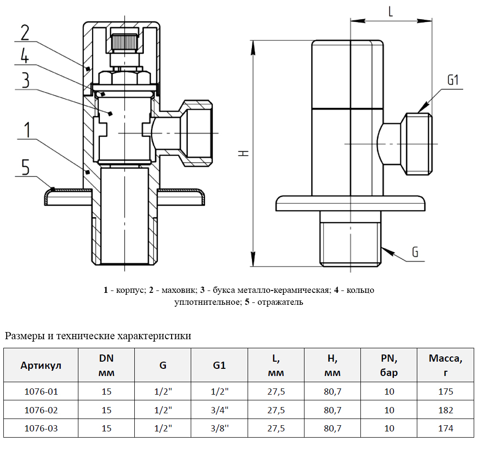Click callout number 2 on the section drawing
[x=25, y=32]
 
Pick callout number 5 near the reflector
[x=25, y=167]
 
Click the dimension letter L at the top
[x=391, y=12]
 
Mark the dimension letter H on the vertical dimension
[x=244, y=153]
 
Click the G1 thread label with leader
[x=453, y=80]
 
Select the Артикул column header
[x=41, y=365]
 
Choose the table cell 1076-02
[x=41, y=410]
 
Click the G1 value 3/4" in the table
[x=219, y=410]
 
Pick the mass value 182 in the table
[x=445, y=410]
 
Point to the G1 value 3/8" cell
[x=219, y=428]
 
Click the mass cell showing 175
[x=445, y=392]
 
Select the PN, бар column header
[x=389, y=365]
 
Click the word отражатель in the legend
[x=281, y=302]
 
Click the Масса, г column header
[x=445, y=365]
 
